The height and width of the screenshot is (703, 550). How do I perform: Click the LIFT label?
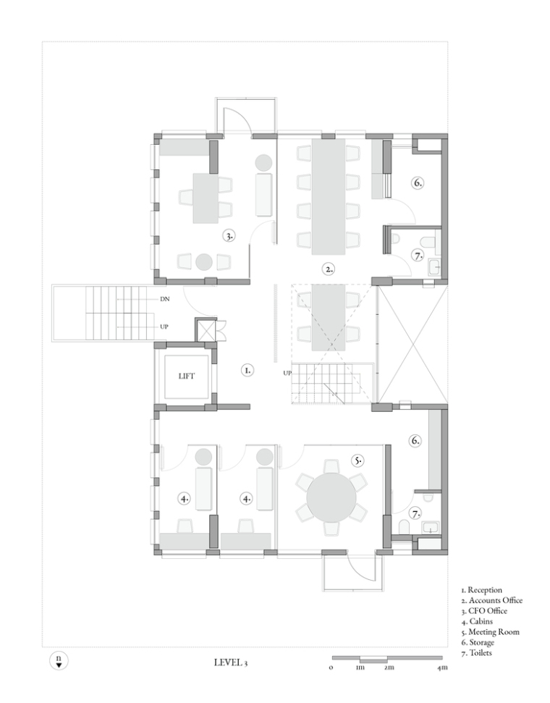(187, 376)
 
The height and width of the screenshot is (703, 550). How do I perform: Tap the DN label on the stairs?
(164, 298)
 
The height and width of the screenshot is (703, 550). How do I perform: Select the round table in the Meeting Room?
(331, 497)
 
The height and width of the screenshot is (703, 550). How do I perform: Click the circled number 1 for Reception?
(247, 371)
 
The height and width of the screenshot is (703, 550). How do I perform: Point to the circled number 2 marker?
(329, 269)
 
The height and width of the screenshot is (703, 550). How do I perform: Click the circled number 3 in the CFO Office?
(229, 236)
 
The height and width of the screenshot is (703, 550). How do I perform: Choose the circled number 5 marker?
(357, 460)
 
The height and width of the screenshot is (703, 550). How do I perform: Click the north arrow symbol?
(59, 660)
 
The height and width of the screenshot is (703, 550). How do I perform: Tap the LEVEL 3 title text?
(231, 662)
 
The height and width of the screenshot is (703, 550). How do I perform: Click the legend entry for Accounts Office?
(491, 600)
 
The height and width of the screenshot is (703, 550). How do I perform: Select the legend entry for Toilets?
(476, 653)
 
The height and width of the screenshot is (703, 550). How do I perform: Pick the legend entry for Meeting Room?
(491, 632)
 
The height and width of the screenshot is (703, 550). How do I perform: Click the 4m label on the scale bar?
(442, 668)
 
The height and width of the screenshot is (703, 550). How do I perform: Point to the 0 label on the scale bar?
(331, 668)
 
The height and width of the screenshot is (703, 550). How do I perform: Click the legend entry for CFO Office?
(485, 611)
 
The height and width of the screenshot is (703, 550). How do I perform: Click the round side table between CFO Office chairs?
(204, 262)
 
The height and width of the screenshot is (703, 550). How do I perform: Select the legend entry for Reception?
(482, 590)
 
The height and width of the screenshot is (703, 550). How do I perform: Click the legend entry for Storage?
(478, 642)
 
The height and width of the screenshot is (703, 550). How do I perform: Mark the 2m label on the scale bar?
(389, 668)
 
